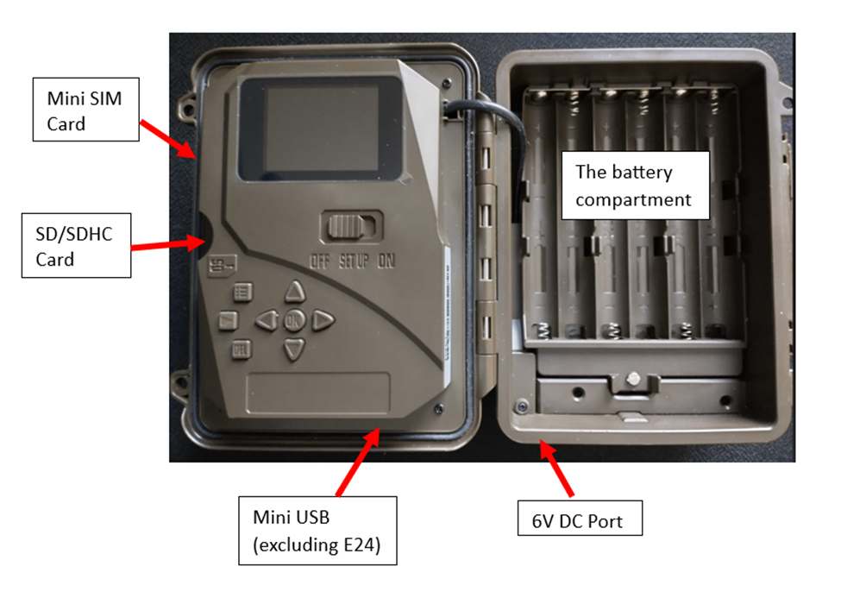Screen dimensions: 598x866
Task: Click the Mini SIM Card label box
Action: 85,110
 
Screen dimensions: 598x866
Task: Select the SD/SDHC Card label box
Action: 76,246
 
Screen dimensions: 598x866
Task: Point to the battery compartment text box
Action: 636,186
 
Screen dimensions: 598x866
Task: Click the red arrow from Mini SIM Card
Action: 167,137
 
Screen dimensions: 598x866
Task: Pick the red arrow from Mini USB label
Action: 356,462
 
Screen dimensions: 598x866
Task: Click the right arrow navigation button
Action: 323,320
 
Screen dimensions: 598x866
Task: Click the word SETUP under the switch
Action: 352,261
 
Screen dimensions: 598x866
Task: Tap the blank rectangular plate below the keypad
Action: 318,393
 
